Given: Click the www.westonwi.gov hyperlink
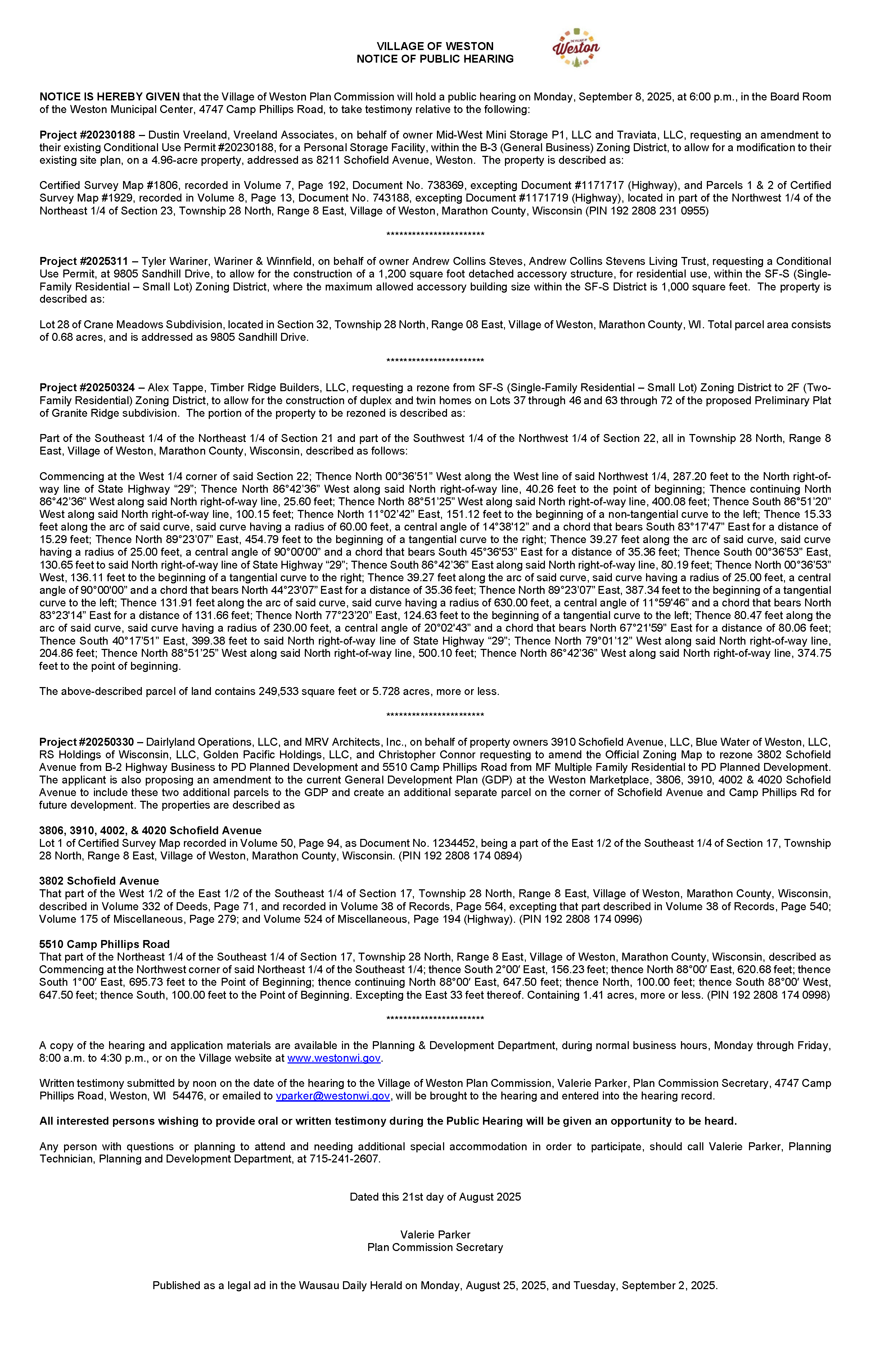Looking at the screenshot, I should [334, 1058].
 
